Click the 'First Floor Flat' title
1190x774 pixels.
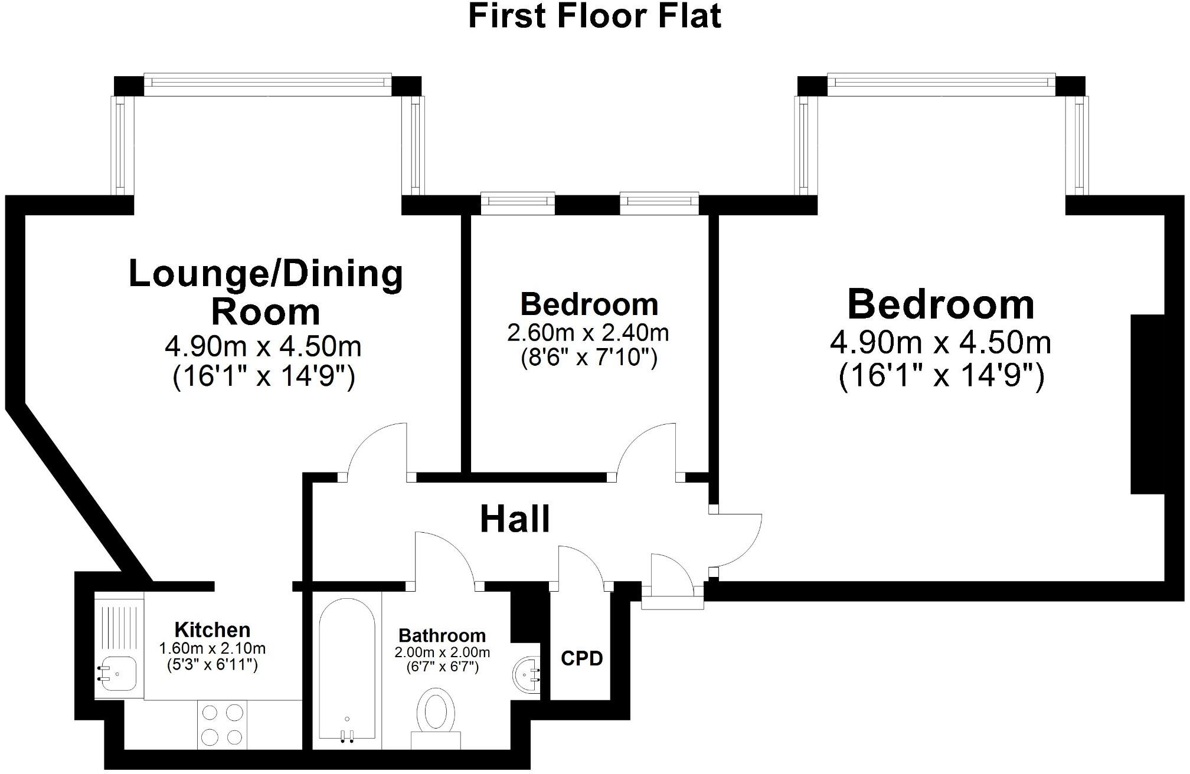(594, 16)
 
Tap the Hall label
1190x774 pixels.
(515, 520)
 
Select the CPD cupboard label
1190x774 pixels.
(581, 658)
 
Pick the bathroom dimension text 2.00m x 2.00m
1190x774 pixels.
(442, 652)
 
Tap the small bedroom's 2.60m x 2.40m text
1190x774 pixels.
(588, 333)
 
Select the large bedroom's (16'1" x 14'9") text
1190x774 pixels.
(941, 376)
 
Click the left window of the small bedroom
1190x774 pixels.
(518, 202)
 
